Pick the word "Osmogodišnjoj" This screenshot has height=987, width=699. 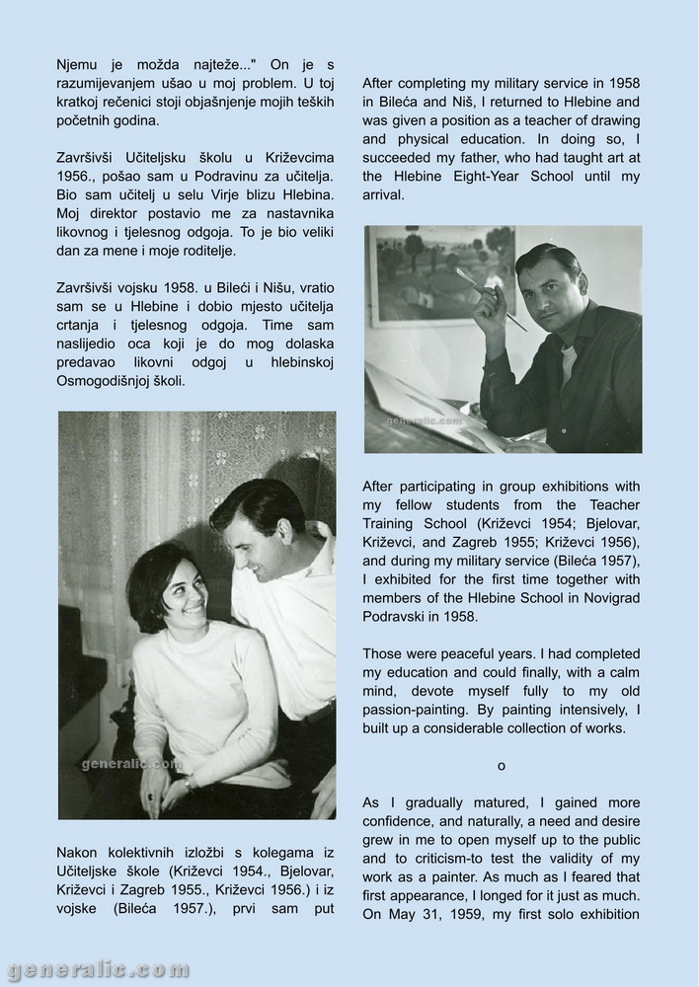(108, 380)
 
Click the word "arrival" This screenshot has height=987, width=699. (384, 195)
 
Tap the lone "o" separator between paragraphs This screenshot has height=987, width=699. (501, 766)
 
